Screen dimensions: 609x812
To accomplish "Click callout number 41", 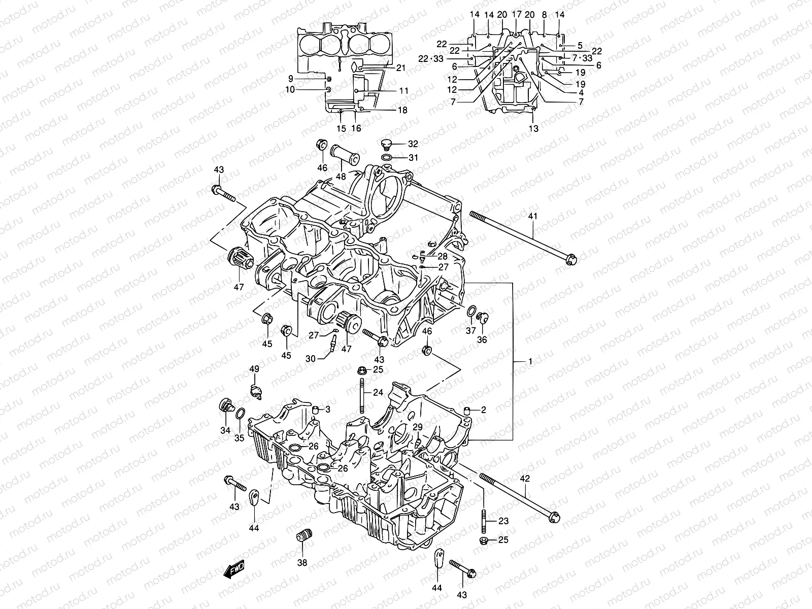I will [x=532, y=216].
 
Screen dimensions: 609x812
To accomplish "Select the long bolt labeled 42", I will [x=518, y=496].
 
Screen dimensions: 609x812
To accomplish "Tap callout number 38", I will [x=302, y=562].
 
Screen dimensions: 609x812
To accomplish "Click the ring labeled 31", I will [x=387, y=158].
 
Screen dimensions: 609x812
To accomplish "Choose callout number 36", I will [x=482, y=340].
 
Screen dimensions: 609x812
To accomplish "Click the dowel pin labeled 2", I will [x=466, y=410].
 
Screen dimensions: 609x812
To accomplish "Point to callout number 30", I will [x=310, y=358].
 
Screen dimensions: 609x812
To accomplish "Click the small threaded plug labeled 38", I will [x=303, y=536].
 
